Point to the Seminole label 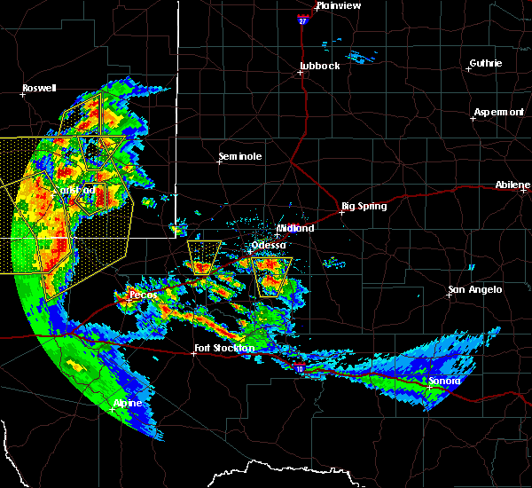pos(239,157)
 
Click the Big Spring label pos(364,206)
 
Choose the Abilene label pos(512,185)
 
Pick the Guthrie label pos(484,63)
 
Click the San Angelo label pos(474,289)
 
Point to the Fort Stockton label pos(224,349)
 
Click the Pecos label pos(142,294)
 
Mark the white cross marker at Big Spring pos(341,213)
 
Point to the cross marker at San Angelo pos(449,296)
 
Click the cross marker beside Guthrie pos(469,69)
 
